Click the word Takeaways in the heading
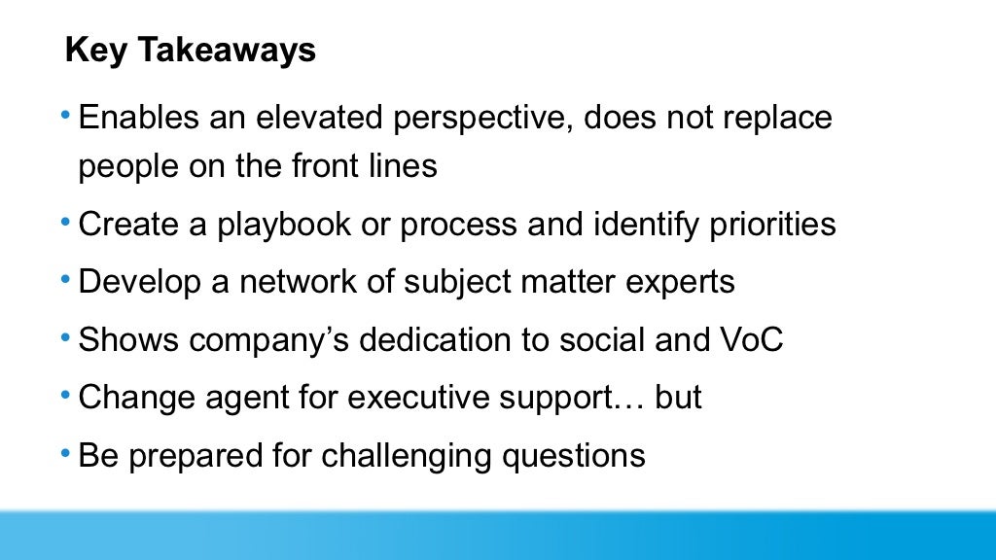[x=227, y=51]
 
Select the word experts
[x=677, y=282]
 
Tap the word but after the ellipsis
[x=678, y=398]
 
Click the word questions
[x=587, y=457]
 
